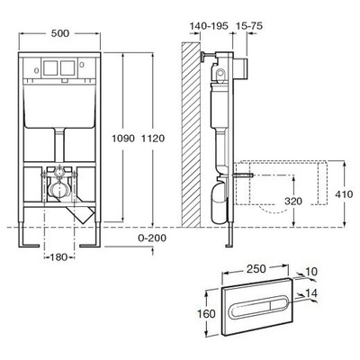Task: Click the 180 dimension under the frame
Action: pos(58,258)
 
